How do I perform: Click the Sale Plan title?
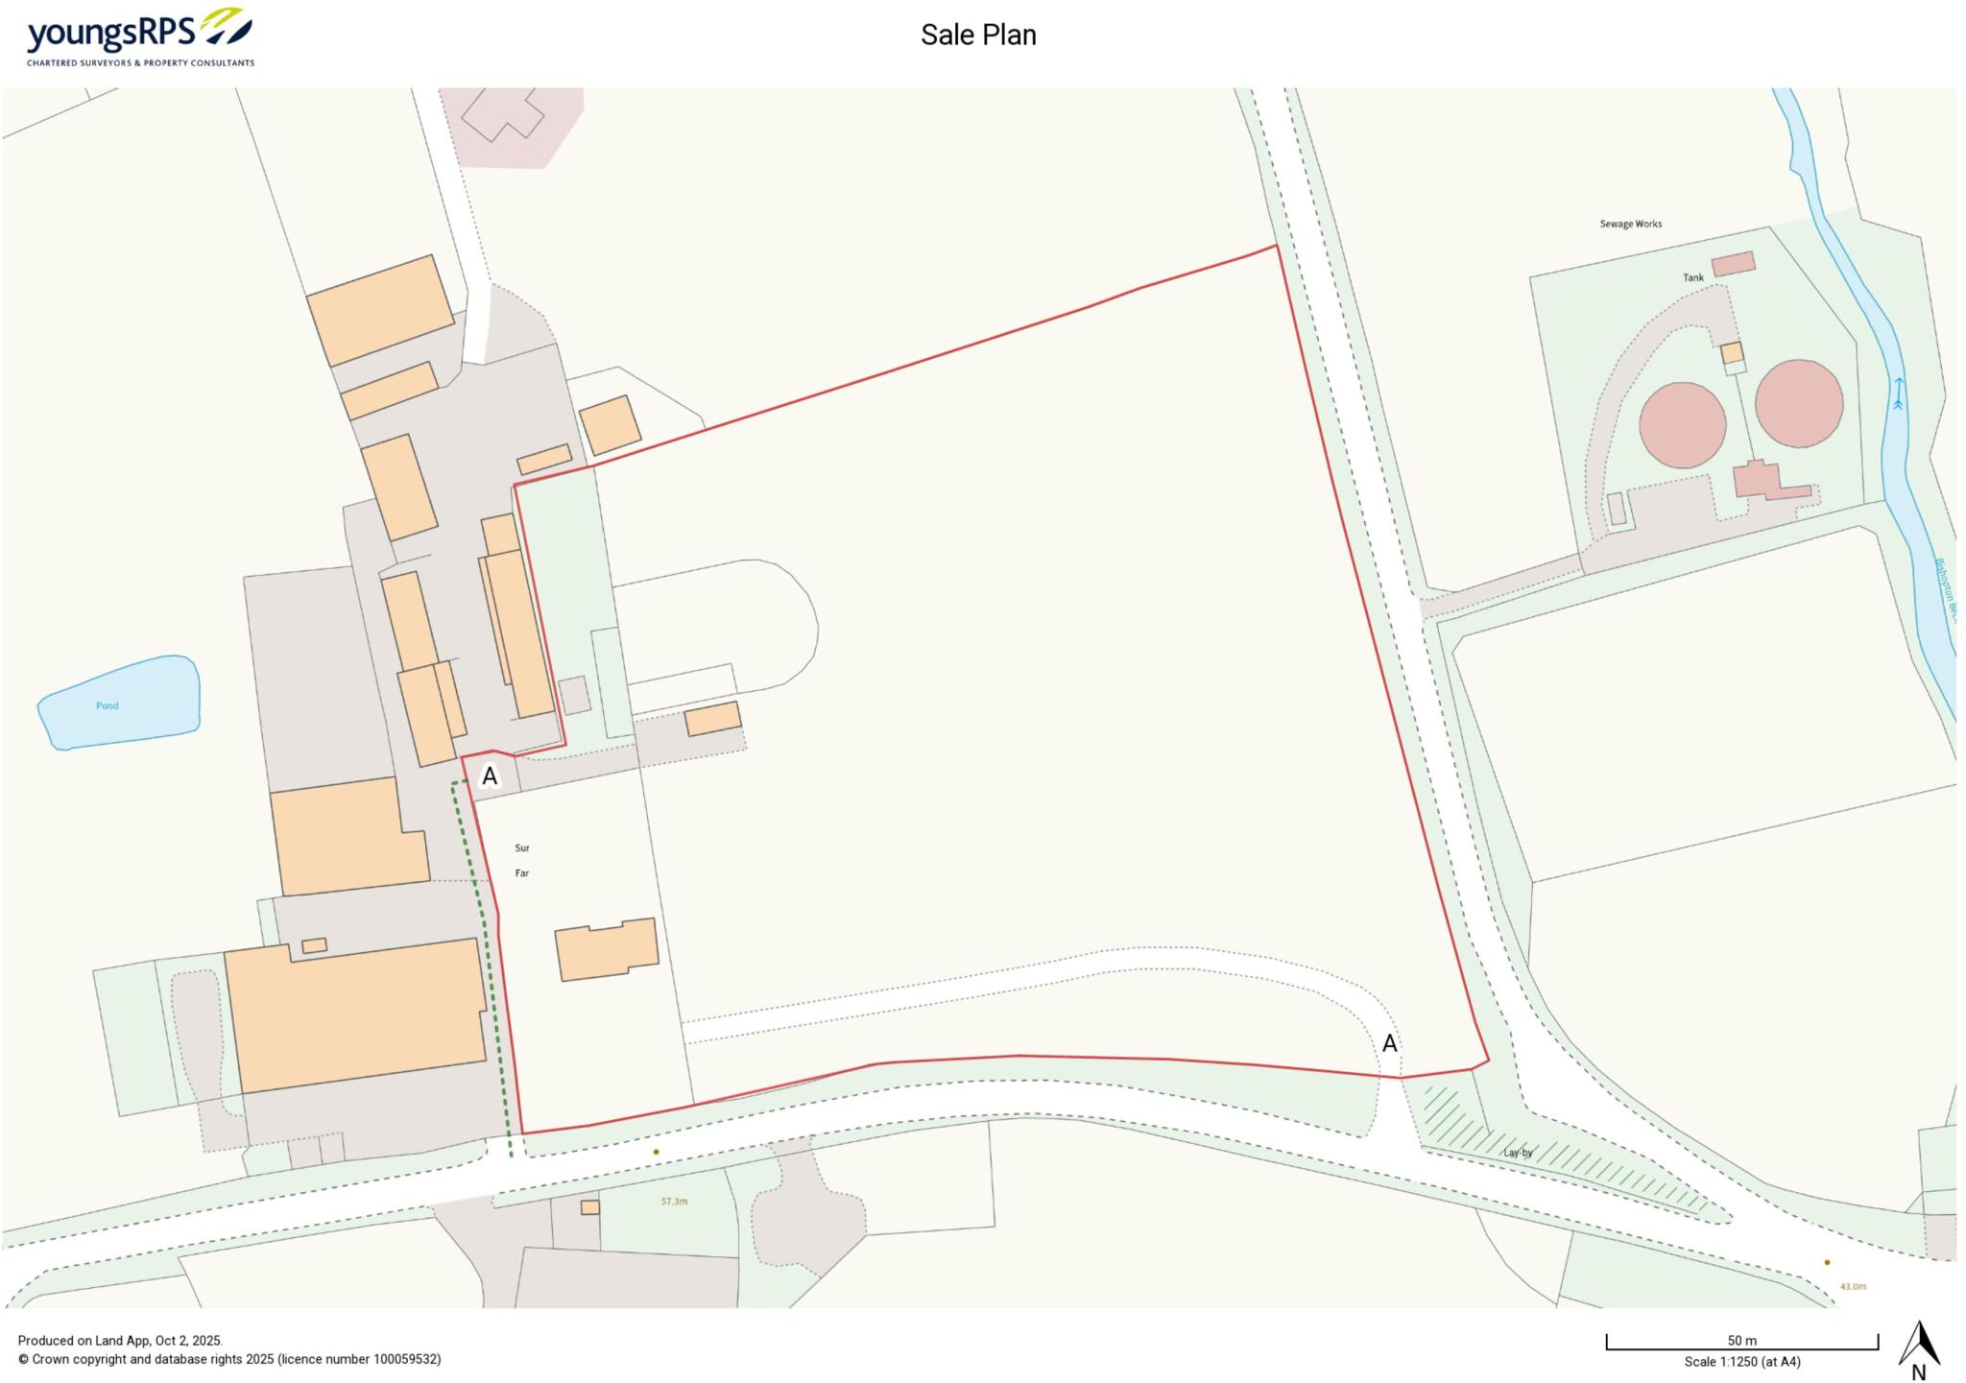[x=978, y=36]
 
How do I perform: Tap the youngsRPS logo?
[x=140, y=36]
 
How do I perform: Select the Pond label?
[x=108, y=705]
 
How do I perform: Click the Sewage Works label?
[x=1630, y=225]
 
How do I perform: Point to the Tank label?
[x=1692, y=278]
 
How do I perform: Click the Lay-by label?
[x=1518, y=1153]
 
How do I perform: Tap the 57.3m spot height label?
[x=674, y=1202]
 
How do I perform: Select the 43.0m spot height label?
[x=1852, y=1286]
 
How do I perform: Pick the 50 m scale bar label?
[x=1741, y=1341]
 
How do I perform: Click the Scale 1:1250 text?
[x=1741, y=1362]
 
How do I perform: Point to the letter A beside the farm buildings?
[x=490, y=776]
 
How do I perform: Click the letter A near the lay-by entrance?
[x=1389, y=1044]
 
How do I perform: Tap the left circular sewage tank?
[x=1682, y=425]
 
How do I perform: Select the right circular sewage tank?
[x=1798, y=403]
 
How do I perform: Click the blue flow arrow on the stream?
[x=1898, y=393]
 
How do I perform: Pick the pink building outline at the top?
[x=502, y=115]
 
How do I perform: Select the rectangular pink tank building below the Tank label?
[x=1733, y=264]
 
